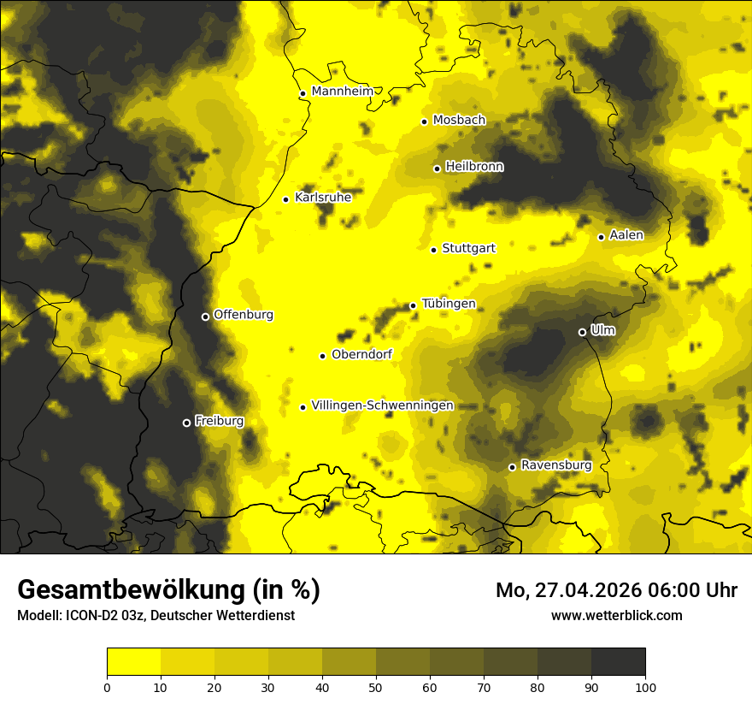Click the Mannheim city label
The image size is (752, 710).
342,92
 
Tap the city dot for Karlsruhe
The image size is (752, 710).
286,199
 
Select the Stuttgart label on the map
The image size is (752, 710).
468,249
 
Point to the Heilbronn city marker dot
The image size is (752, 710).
437,169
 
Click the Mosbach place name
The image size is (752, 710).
459,121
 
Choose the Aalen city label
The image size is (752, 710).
626,235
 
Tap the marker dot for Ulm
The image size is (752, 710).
582,332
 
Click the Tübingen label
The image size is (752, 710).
449,305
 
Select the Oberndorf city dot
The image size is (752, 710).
322,356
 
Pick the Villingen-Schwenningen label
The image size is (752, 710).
382,405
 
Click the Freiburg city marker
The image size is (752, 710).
186,423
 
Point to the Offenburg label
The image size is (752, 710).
244,315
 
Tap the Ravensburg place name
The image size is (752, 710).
556,465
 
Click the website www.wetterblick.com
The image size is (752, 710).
616,615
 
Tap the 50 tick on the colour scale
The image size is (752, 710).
376,686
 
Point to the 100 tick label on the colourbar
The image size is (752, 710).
645,686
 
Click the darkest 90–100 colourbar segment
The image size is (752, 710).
618,662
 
